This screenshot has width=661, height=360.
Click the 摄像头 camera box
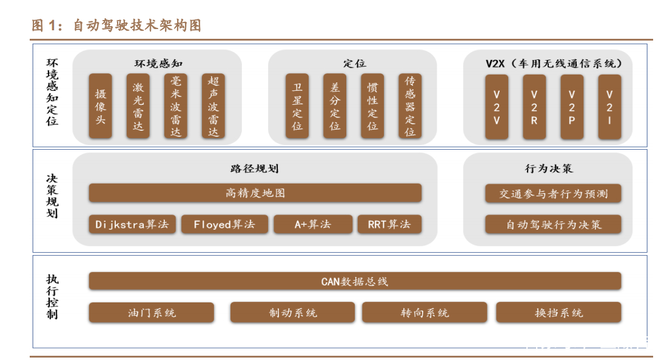point(101,106)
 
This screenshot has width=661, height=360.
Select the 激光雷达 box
point(138,106)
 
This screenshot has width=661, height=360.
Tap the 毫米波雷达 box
point(176,106)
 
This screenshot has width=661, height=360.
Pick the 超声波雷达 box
point(213,106)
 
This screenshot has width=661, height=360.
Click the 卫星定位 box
point(297,106)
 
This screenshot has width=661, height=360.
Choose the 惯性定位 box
point(372,106)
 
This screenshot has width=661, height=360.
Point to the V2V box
point(497,106)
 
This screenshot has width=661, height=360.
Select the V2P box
point(572,106)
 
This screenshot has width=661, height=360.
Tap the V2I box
point(609,106)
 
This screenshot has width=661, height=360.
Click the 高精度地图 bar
point(255,193)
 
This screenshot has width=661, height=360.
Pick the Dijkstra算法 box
point(132,224)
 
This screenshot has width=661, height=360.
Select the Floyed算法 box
point(224,224)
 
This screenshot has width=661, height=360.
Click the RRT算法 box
point(389,224)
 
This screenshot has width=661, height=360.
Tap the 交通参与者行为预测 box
point(553,194)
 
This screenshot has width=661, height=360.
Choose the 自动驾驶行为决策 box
point(553,225)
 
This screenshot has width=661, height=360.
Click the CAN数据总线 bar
point(355,281)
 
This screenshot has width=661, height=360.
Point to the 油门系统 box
point(152,313)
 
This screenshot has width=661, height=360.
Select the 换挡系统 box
point(559,313)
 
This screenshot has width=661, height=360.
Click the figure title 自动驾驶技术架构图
point(137,25)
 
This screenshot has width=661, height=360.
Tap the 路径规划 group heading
point(255,168)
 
